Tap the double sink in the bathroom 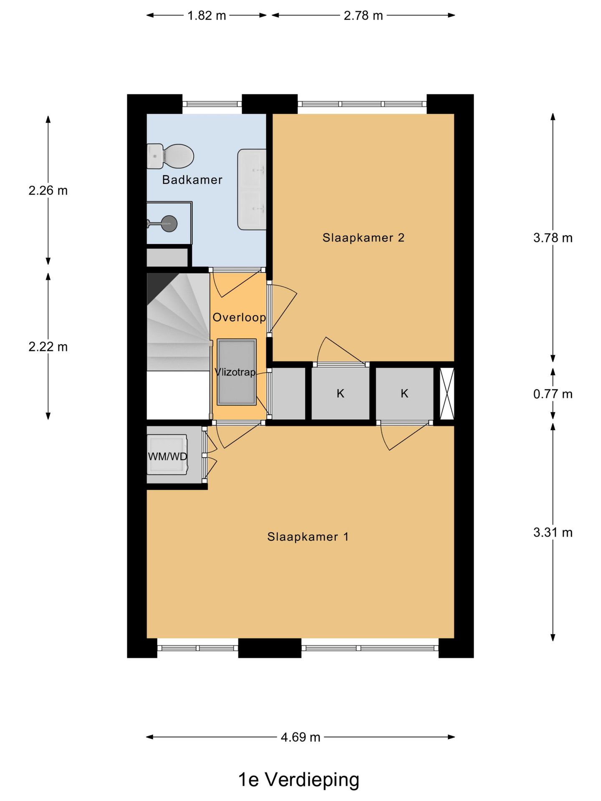(252, 189)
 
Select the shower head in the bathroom (169, 224)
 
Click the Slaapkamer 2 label (363, 238)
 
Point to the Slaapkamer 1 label (308, 537)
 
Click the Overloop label (239, 317)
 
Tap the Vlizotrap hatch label (235, 372)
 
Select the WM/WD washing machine (167, 456)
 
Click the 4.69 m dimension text (300, 737)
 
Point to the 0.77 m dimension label (552, 394)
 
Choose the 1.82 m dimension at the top (207, 15)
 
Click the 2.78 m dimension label (363, 15)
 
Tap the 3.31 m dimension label (552, 532)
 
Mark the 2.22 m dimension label (48, 347)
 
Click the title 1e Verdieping (298, 780)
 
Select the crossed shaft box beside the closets (447, 393)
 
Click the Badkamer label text (192, 180)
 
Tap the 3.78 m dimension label (552, 238)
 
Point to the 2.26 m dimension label (48, 191)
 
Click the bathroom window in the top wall (212, 104)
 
